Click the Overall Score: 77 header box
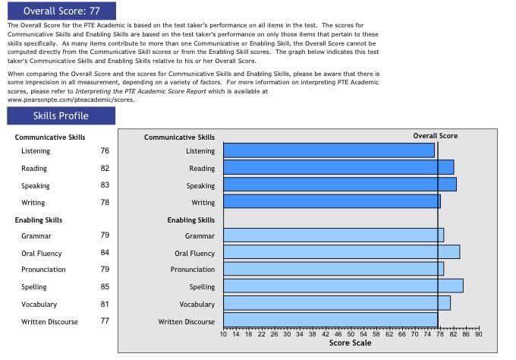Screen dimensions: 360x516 [x=61, y=11]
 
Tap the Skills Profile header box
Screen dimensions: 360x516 [x=61, y=115]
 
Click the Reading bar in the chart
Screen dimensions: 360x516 [x=338, y=167]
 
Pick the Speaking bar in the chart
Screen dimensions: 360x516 [x=340, y=184]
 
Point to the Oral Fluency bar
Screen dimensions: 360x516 [x=341, y=252]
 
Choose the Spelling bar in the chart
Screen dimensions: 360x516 [x=343, y=286]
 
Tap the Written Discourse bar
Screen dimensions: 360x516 [x=330, y=320]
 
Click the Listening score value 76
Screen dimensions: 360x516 [x=105, y=150]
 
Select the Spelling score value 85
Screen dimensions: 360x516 [x=105, y=286]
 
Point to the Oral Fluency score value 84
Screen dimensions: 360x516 [x=105, y=253]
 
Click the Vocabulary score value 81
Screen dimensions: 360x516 [x=105, y=304]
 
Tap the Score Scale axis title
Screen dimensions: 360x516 [x=350, y=343]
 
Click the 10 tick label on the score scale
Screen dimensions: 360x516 [x=223, y=333]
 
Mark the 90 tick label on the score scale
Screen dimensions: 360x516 [x=478, y=333]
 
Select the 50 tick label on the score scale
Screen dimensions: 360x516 [x=351, y=333]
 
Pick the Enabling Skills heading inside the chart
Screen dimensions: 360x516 [x=190, y=220]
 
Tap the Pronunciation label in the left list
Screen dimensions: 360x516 [x=43, y=270]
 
